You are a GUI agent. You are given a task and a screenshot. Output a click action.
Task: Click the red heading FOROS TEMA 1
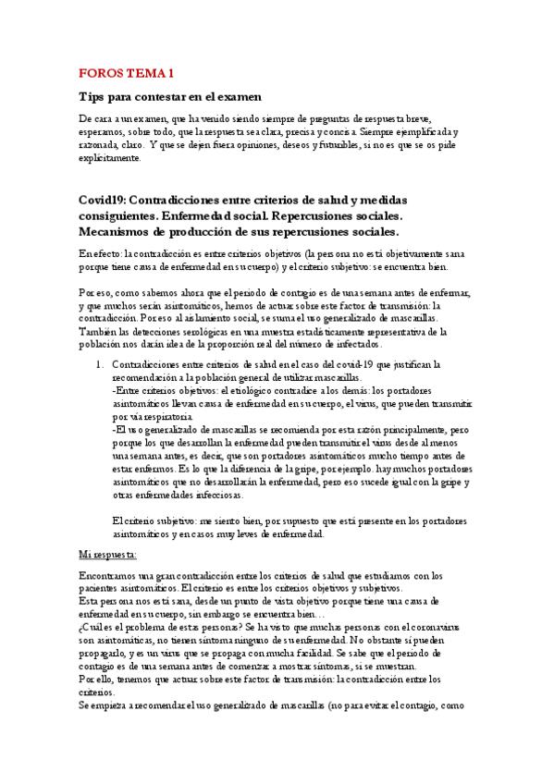coord(127,72)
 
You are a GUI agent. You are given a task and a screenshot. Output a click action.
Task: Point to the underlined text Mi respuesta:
coord(108,555)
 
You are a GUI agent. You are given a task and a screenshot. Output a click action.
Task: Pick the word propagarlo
coord(106,653)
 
